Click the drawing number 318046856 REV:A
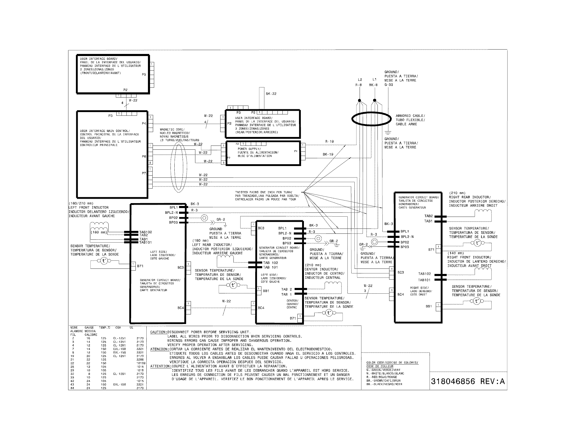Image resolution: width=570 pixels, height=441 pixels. pos(467,381)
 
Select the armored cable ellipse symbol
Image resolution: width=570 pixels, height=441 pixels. pos(371,119)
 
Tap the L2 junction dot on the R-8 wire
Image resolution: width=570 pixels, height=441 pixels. pos(359,100)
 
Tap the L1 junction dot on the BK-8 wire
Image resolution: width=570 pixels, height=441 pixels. pos(375,100)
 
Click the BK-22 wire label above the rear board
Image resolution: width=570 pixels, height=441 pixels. pos(271,94)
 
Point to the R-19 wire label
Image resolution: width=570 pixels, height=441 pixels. pos(329,141)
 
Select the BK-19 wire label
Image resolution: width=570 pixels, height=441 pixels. pos(328,154)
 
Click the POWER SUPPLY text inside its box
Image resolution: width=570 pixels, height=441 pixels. pos(249,149)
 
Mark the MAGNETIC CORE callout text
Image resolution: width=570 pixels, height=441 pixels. pos(172,130)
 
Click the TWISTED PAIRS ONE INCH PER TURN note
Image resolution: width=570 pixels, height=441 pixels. pos(263,192)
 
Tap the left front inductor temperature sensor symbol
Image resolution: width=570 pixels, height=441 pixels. pos(104,261)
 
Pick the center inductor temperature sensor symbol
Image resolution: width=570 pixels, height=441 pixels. pos(329,313)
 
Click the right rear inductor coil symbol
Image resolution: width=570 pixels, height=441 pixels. pos(483,212)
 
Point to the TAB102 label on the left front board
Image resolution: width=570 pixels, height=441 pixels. pos(145,232)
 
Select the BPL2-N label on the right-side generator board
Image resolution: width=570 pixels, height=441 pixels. pos(407,237)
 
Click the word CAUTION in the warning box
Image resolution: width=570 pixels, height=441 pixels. pos(158,332)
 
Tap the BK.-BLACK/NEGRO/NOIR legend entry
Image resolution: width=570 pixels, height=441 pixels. pos(384,384)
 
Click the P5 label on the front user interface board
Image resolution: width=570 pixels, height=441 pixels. pos(144,74)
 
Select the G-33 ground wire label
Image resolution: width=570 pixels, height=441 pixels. pos(388,85)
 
